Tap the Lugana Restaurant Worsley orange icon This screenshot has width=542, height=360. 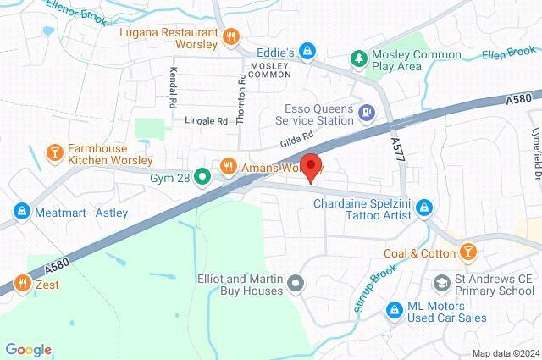230,36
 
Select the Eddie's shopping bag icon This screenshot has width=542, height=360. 309,53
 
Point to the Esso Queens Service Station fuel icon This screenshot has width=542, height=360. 366,111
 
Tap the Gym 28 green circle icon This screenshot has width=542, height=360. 202,176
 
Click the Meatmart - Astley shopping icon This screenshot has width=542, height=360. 21,211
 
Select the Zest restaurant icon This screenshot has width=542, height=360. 22,284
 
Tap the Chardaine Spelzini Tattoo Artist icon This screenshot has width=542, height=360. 424,208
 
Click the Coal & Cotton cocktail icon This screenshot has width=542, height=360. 467,252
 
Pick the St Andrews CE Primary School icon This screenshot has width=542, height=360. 441,282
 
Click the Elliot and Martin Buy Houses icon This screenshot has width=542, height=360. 295,284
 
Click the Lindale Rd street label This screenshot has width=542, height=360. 207,121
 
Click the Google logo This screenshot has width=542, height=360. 28,349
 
